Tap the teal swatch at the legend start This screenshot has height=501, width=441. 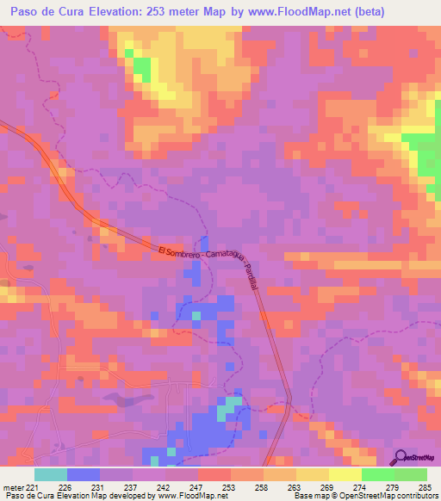pos(51,474)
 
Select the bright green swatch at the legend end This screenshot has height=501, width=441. pos(411,474)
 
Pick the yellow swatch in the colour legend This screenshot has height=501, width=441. pos(345,474)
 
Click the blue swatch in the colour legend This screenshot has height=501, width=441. pos(84,474)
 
